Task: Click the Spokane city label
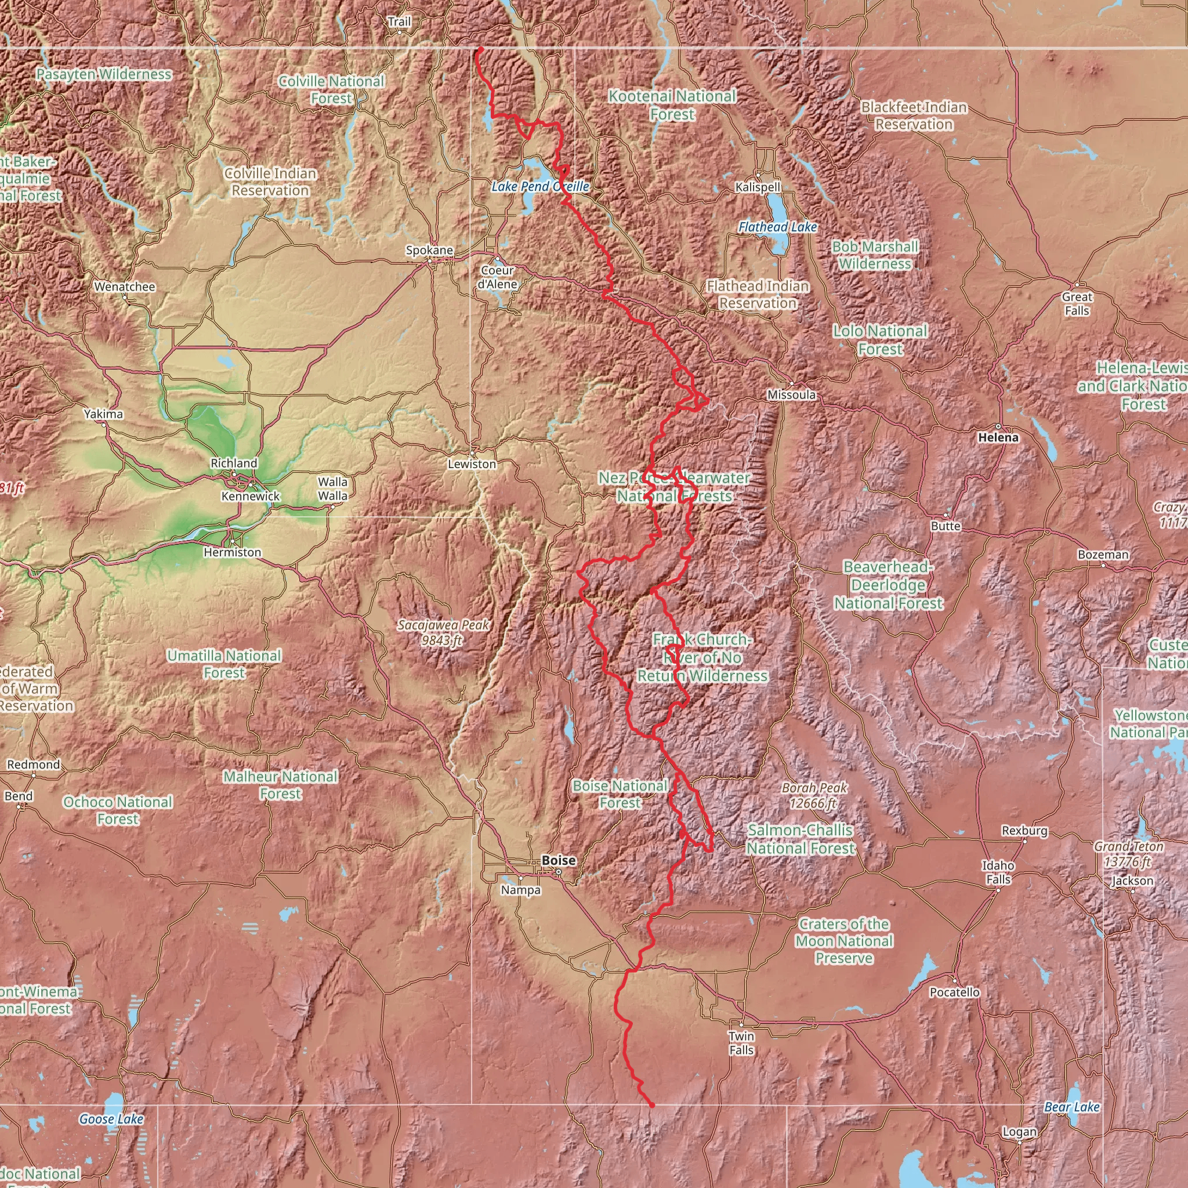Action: pos(429,250)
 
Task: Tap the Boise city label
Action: pos(559,860)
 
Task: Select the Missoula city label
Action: pos(791,395)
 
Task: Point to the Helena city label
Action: pos(998,437)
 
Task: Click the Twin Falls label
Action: pos(741,1043)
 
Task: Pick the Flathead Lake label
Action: pos(777,227)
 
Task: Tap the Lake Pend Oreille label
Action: pos(540,186)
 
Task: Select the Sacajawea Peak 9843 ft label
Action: pos(443,633)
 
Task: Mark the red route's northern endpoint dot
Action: pos(481,49)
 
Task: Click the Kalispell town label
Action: pos(758,187)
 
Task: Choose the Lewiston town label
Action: pos(472,464)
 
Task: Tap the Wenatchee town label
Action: pos(125,287)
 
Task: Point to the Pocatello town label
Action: pos(954,992)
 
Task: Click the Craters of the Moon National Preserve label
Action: pos(843,941)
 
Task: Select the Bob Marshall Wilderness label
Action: pos(875,255)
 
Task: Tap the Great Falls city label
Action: pos(1077,304)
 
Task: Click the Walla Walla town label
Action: pos(332,489)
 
